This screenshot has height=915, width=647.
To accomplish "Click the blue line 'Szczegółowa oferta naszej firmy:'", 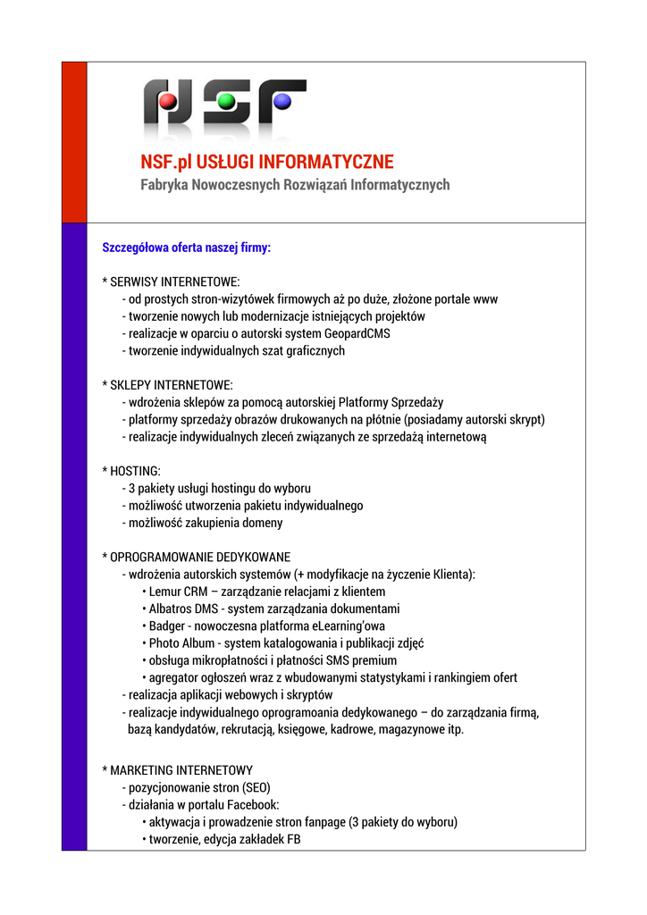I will (187, 247).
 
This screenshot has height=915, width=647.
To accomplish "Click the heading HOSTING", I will (135, 471).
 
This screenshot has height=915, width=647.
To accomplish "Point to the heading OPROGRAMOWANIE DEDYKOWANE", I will (200, 557).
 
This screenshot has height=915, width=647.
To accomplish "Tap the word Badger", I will (167, 625).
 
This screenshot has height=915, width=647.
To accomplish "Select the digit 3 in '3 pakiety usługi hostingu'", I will (131, 489).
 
